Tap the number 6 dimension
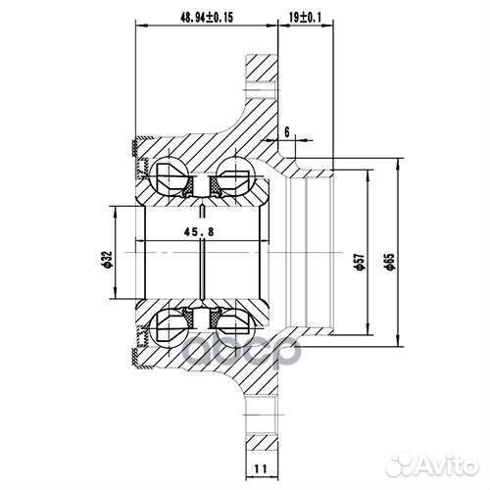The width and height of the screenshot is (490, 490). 287,130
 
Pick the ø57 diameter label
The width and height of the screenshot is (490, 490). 360,258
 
